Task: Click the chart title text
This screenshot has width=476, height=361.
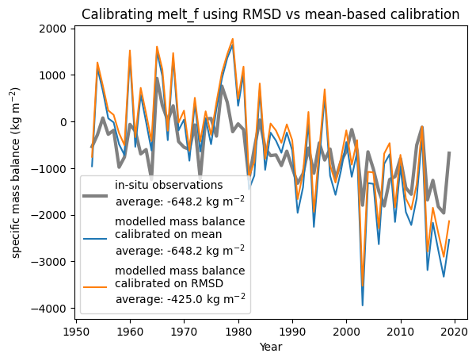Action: point(270,14)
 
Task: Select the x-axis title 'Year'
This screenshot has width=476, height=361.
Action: point(270,347)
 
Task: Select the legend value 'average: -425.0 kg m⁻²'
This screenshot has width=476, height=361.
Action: point(181,298)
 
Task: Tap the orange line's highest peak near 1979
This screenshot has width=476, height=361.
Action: point(233,39)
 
